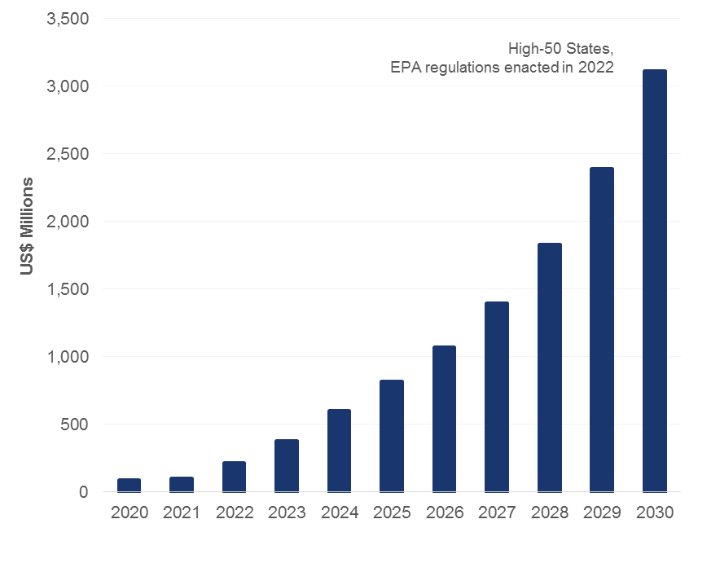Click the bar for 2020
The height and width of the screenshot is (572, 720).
(x=129, y=485)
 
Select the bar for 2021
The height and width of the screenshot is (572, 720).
(x=182, y=484)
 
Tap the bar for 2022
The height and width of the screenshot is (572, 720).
(x=234, y=477)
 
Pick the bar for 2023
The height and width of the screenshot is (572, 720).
(x=287, y=465)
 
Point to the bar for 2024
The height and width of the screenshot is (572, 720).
(x=339, y=451)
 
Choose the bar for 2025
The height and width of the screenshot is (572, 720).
(x=392, y=436)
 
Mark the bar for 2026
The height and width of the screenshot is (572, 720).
(x=444, y=419)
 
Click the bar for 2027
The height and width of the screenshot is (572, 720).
(x=497, y=397)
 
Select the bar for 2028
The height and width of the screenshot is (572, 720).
(x=549, y=367)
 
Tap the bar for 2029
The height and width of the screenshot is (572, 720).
(x=602, y=329)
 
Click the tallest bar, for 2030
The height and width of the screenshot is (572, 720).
(x=654, y=280)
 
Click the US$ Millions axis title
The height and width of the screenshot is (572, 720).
(x=28, y=226)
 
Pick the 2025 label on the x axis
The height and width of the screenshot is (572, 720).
(x=392, y=513)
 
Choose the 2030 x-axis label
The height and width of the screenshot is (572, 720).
(x=654, y=513)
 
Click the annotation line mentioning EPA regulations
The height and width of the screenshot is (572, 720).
(x=502, y=68)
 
